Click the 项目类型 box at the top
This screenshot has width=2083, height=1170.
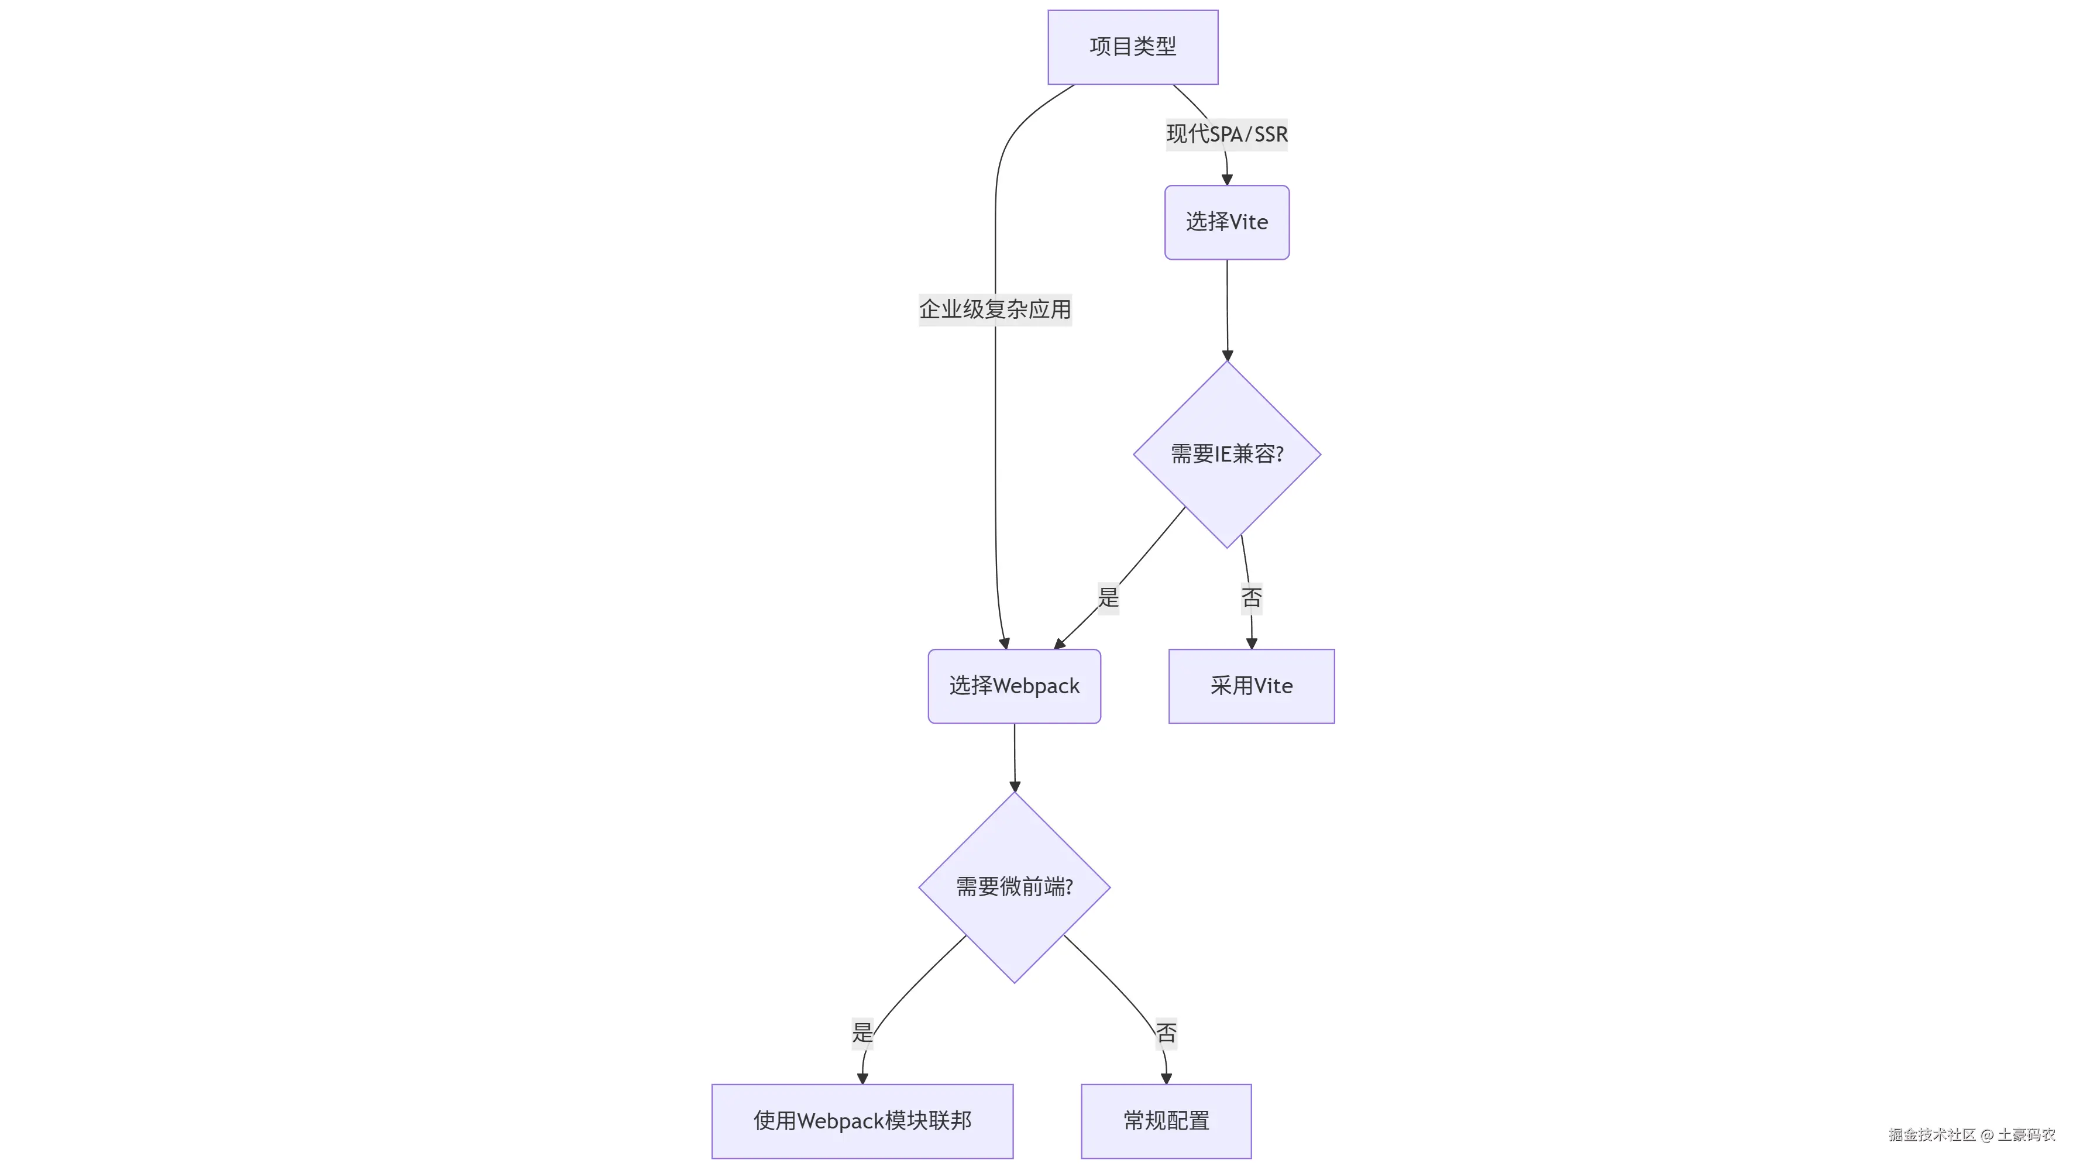click(x=1132, y=47)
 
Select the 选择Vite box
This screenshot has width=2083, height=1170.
click(x=1226, y=222)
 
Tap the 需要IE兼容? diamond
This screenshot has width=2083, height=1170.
click(x=1226, y=455)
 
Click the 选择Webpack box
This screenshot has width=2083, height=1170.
click(x=1014, y=686)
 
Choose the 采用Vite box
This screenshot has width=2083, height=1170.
click(x=1251, y=686)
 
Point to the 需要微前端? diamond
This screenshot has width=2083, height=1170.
click(x=1014, y=887)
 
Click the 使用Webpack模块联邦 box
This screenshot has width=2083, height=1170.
click(x=862, y=1121)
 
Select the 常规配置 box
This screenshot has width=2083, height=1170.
click(x=1166, y=1121)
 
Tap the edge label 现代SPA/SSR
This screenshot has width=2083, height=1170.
click(x=1226, y=134)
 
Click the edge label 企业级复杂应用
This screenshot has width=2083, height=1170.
click(x=995, y=309)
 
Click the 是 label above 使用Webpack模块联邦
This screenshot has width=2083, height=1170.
click(x=862, y=1033)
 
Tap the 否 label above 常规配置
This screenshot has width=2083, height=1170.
click(x=1166, y=1033)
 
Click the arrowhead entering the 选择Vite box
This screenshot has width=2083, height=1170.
click(x=1226, y=180)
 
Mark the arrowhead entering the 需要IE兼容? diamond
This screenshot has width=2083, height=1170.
click(x=1228, y=355)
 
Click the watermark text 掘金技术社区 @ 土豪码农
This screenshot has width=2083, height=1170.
click(x=1971, y=1134)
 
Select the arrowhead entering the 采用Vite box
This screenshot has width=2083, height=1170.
click(x=1252, y=643)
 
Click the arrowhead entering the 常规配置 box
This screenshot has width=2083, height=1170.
click(x=1166, y=1079)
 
